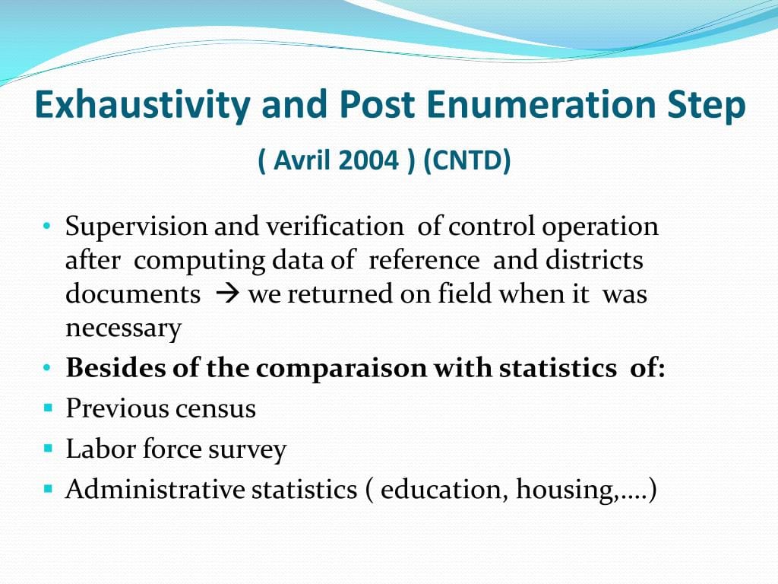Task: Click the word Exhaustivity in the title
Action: pyautogui.click(x=142, y=105)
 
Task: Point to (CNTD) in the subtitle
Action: pyautogui.click(x=467, y=160)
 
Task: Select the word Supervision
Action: pyautogui.click(x=137, y=227)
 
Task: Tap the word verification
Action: pyautogui.click(x=334, y=227)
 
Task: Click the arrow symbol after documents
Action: pyautogui.click(x=228, y=294)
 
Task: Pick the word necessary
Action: pyautogui.click(x=124, y=328)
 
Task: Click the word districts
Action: pyautogui.click(x=594, y=260)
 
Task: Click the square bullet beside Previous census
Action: pyautogui.click(x=48, y=408)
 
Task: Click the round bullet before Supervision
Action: pyautogui.click(x=47, y=227)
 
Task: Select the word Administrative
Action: pyautogui.click(x=155, y=489)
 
